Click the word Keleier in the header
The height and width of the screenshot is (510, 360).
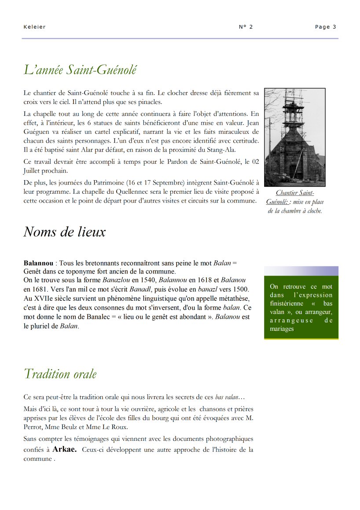[x=34, y=27]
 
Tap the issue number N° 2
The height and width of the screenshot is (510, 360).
[x=246, y=27]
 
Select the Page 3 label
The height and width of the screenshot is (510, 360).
[x=325, y=27]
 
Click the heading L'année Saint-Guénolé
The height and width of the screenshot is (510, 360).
[x=80, y=70]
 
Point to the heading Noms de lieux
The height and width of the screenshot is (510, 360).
[x=64, y=232]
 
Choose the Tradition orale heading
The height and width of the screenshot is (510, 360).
[x=60, y=374]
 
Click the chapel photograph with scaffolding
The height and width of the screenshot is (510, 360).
[x=294, y=137]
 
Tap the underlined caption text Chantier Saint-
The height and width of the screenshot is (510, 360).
[x=295, y=193]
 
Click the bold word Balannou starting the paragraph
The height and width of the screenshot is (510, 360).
[x=39, y=263]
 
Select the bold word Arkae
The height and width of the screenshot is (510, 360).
[x=64, y=450]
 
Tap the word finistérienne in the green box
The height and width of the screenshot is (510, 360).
[x=287, y=303]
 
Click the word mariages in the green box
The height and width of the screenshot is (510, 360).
[x=282, y=329]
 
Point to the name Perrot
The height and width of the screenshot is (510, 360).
[x=33, y=427]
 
